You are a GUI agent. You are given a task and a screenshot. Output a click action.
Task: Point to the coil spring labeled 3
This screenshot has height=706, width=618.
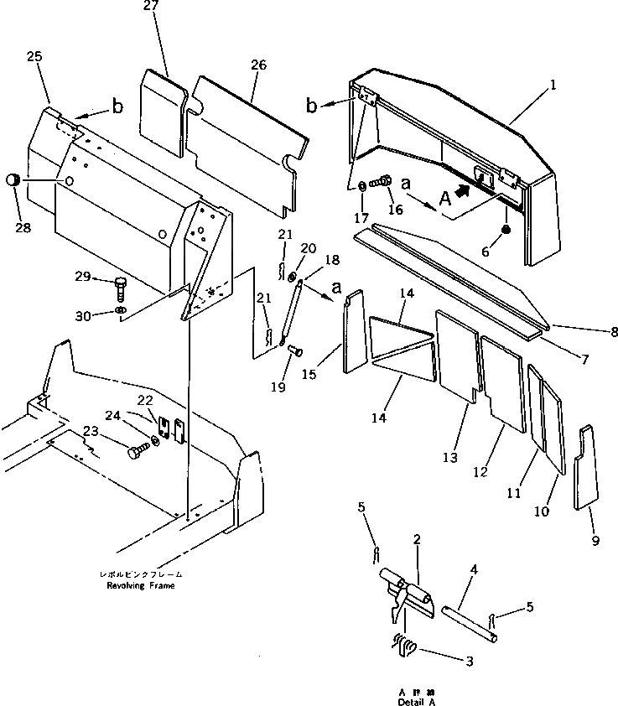(x=404, y=647)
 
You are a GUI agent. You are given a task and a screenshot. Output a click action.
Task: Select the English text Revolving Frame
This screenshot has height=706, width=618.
(x=141, y=585)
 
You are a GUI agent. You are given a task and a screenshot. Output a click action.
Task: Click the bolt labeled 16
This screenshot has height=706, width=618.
(x=382, y=181)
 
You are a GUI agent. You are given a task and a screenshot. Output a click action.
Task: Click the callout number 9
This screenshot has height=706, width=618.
(x=595, y=541)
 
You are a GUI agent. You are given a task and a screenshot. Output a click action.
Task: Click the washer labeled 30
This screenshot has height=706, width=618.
(x=120, y=314)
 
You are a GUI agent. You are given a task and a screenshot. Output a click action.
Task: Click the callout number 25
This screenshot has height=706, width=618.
(x=34, y=57)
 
